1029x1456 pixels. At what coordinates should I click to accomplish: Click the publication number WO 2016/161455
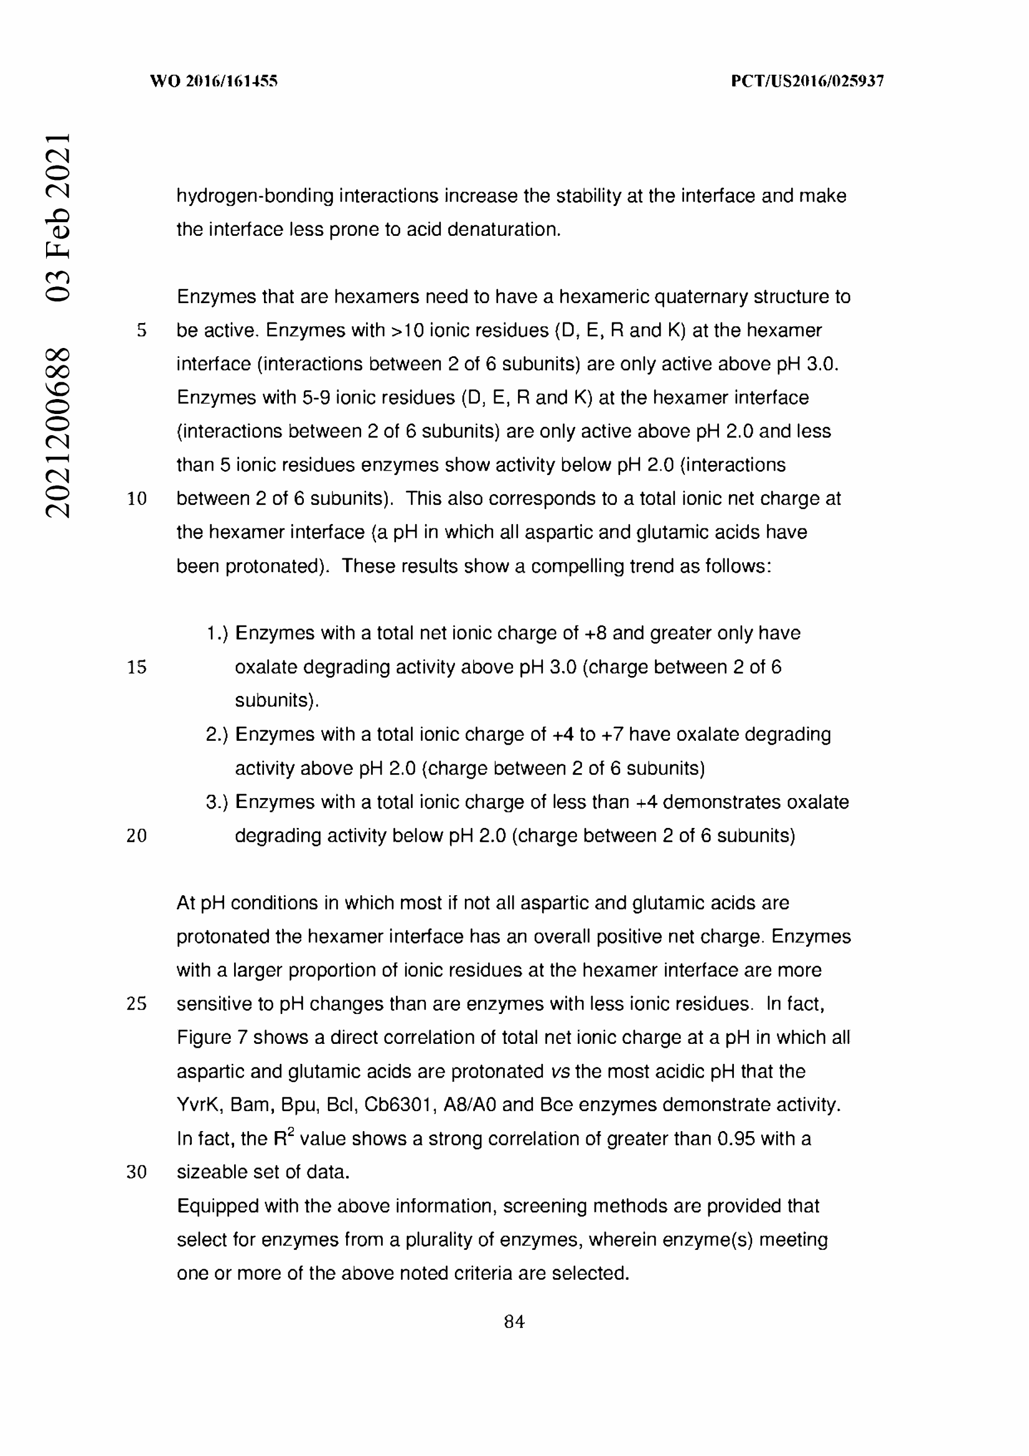[214, 81]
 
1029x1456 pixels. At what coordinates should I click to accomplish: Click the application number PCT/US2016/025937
[807, 81]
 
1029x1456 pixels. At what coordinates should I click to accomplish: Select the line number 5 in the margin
[141, 331]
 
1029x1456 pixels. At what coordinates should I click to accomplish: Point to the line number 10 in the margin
[137, 499]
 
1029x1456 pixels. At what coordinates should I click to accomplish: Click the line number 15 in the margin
[137, 667]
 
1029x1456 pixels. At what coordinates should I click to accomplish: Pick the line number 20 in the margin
[137, 836]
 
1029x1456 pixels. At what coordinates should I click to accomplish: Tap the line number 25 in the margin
[137, 1004]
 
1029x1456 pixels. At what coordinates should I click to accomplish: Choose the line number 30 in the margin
[137, 1172]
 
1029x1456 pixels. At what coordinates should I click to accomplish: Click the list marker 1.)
[217, 634]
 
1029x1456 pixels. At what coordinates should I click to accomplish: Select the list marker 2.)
[217, 735]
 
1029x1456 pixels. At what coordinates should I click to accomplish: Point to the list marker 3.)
[217, 802]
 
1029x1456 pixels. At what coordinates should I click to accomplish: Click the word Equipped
[217, 1206]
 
